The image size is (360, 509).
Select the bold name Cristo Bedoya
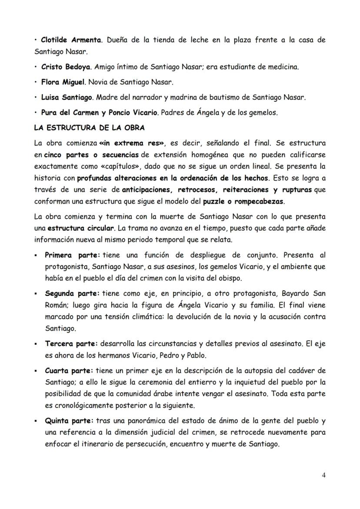(66, 67)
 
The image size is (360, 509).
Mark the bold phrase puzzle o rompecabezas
(249, 201)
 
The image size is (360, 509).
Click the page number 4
(323, 475)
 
